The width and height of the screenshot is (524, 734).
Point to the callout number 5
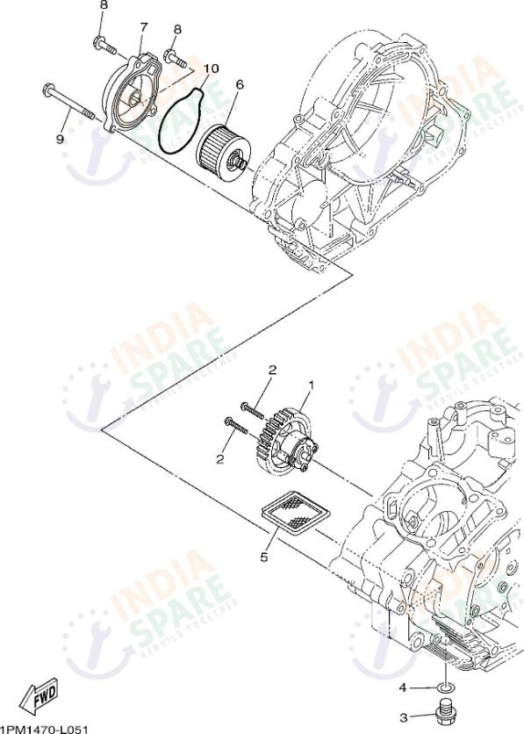(x=262, y=556)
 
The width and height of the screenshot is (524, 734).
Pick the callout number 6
(x=240, y=85)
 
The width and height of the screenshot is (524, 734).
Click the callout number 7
(x=142, y=27)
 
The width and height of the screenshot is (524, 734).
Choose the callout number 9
(x=61, y=139)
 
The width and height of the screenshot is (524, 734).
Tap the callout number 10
(x=210, y=68)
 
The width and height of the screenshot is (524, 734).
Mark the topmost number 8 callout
(x=104, y=5)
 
